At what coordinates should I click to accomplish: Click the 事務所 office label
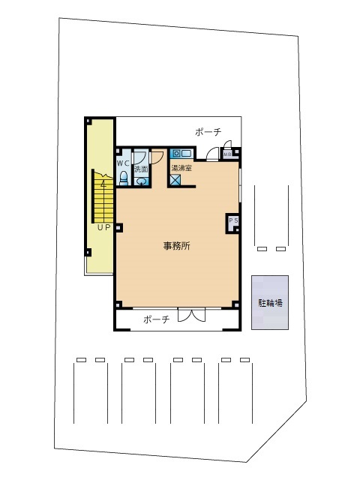click(x=177, y=246)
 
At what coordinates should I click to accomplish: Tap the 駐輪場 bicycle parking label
click(x=270, y=303)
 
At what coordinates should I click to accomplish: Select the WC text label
click(x=123, y=163)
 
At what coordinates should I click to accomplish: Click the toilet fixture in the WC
click(x=123, y=178)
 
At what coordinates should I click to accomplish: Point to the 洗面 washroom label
click(x=141, y=169)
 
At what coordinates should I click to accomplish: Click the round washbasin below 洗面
click(x=141, y=181)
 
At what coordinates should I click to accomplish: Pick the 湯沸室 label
click(x=181, y=168)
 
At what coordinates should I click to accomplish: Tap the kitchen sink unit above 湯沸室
click(x=181, y=153)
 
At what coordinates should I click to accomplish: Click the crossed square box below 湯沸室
click(x=175, y=180)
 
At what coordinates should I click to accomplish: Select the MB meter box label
click(x=227, y=154)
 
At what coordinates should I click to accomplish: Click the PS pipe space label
click(x=233, y=220)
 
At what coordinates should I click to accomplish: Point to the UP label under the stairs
click(x=104, y=227)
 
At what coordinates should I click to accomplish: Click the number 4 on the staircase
click(x=103, y=184)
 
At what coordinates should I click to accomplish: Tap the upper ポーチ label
click(x=208, y=132)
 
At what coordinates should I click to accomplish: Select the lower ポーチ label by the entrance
click(x=157, y=319)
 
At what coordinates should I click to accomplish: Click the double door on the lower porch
click(x=192, y=315)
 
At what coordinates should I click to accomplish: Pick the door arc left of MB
click(x=213, y=154)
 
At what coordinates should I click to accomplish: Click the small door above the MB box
click(x=227, y=145)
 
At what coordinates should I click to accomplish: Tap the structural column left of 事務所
click(x=118, y=228)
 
